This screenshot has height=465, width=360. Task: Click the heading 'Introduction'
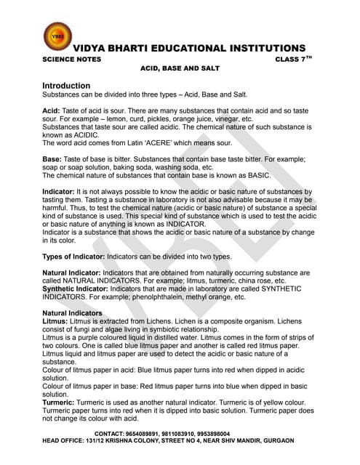coord(66,86)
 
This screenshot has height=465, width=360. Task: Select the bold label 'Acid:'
coord(52,110)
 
